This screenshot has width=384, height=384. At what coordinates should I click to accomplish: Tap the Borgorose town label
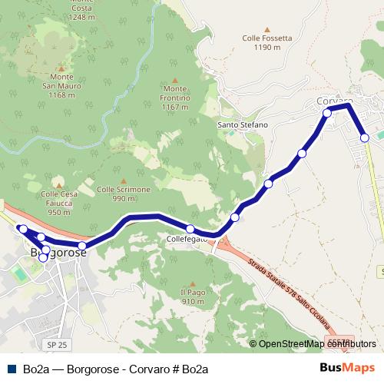(x=57, y=252)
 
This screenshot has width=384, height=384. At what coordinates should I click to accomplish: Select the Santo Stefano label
(x=243, y=124)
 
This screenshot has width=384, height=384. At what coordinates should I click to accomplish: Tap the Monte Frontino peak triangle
(x=175, y=79)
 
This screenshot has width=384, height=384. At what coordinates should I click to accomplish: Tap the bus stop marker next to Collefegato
(x=190, y=229)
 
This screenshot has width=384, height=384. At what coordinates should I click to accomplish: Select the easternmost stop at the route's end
(x=365, y=137)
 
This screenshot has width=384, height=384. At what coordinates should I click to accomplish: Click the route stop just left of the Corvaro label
(x=327, y=113)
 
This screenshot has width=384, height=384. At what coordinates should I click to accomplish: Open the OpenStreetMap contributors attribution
(x=312, y=343)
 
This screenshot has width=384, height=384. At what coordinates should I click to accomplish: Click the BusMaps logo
(x=347, y=368)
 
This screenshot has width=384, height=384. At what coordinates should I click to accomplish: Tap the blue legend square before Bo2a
(x=12, y=369)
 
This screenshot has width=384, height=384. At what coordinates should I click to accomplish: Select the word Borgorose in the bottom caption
(x=94, y=369)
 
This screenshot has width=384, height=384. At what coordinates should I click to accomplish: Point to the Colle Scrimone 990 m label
(x=124, y=194)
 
